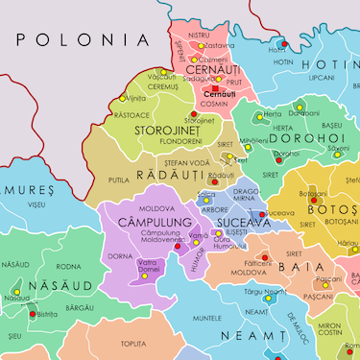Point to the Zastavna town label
pyautogui.click(x=220, y=45)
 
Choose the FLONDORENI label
pyautogui.click(x=180, y=140)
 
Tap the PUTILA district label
pyautogui.click(x=119, y=180)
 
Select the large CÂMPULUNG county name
pyautogui.click(x=149, y=223)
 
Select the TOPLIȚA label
pyautogui.click(x=134, y=343)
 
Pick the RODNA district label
pyautogui.click(x=69, y=266)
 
